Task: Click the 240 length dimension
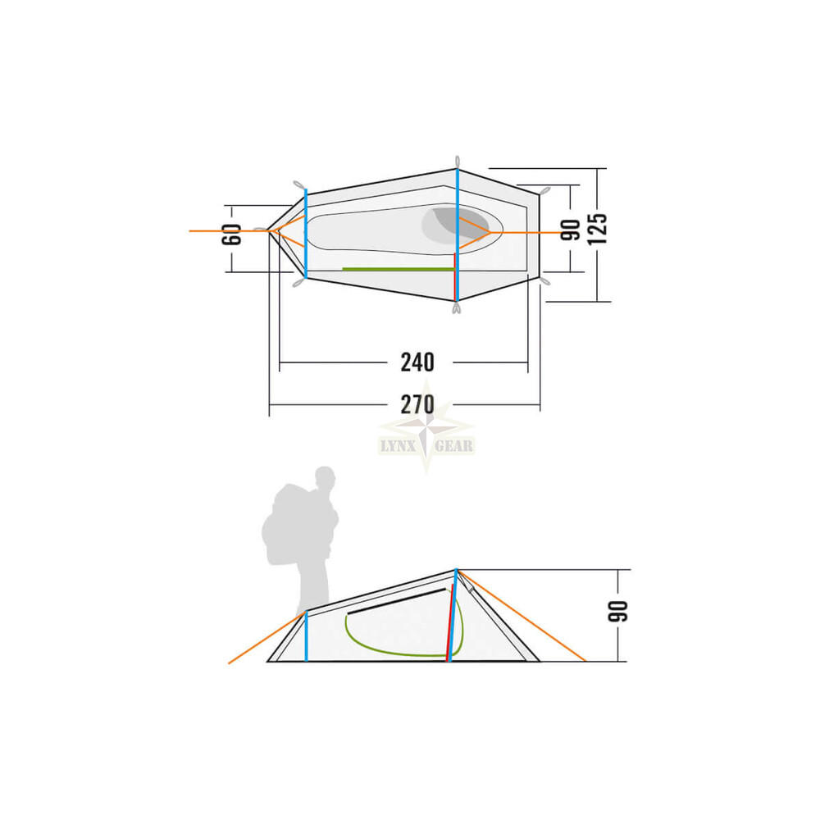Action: click(x=417, y=362)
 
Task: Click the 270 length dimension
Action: click(x=417, y=404)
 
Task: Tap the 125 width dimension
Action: click(x=597, y=229)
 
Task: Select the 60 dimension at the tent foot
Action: click(x=232, y=234)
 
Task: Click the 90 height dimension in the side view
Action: click(x=617, y=612)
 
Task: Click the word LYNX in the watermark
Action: click(x=397, y=446)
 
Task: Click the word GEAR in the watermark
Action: click(x=454, y=446)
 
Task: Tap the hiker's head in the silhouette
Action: click(x=326, y=477)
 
